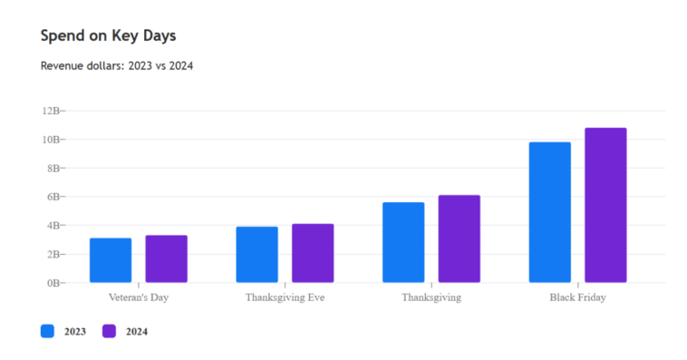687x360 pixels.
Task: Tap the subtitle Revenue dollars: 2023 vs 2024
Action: tap(117, 66)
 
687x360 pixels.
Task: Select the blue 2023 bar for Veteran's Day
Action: tap(111, 260)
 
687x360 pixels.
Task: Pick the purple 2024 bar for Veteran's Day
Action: tap(166, 259)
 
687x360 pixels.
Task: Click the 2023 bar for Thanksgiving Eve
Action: tap(256, 255)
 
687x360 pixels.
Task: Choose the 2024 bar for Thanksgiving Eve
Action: tap(313, 253)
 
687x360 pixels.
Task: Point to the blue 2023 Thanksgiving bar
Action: tap(403, 242)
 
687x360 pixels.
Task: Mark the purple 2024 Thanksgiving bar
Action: tap(459, 238)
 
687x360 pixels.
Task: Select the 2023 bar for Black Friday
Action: tap(549, 212)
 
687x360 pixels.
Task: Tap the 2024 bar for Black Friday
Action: tap(605, 205)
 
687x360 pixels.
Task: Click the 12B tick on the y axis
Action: tap(50, 111)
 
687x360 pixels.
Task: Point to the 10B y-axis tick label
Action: tap(50, 140)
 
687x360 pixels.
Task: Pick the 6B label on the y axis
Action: tap(53, 197)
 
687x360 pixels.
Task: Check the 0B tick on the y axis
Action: tap(53, 283)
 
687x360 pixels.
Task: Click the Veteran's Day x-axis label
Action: tap(139, 297)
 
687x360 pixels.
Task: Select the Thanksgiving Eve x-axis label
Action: tap(285, 297)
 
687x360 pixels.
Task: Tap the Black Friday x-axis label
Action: tap(577, 297)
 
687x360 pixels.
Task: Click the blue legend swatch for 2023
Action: tap(48, 331)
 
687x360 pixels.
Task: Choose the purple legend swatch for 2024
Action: tap(109, 331)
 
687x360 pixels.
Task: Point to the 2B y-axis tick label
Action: tap(53, 254)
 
